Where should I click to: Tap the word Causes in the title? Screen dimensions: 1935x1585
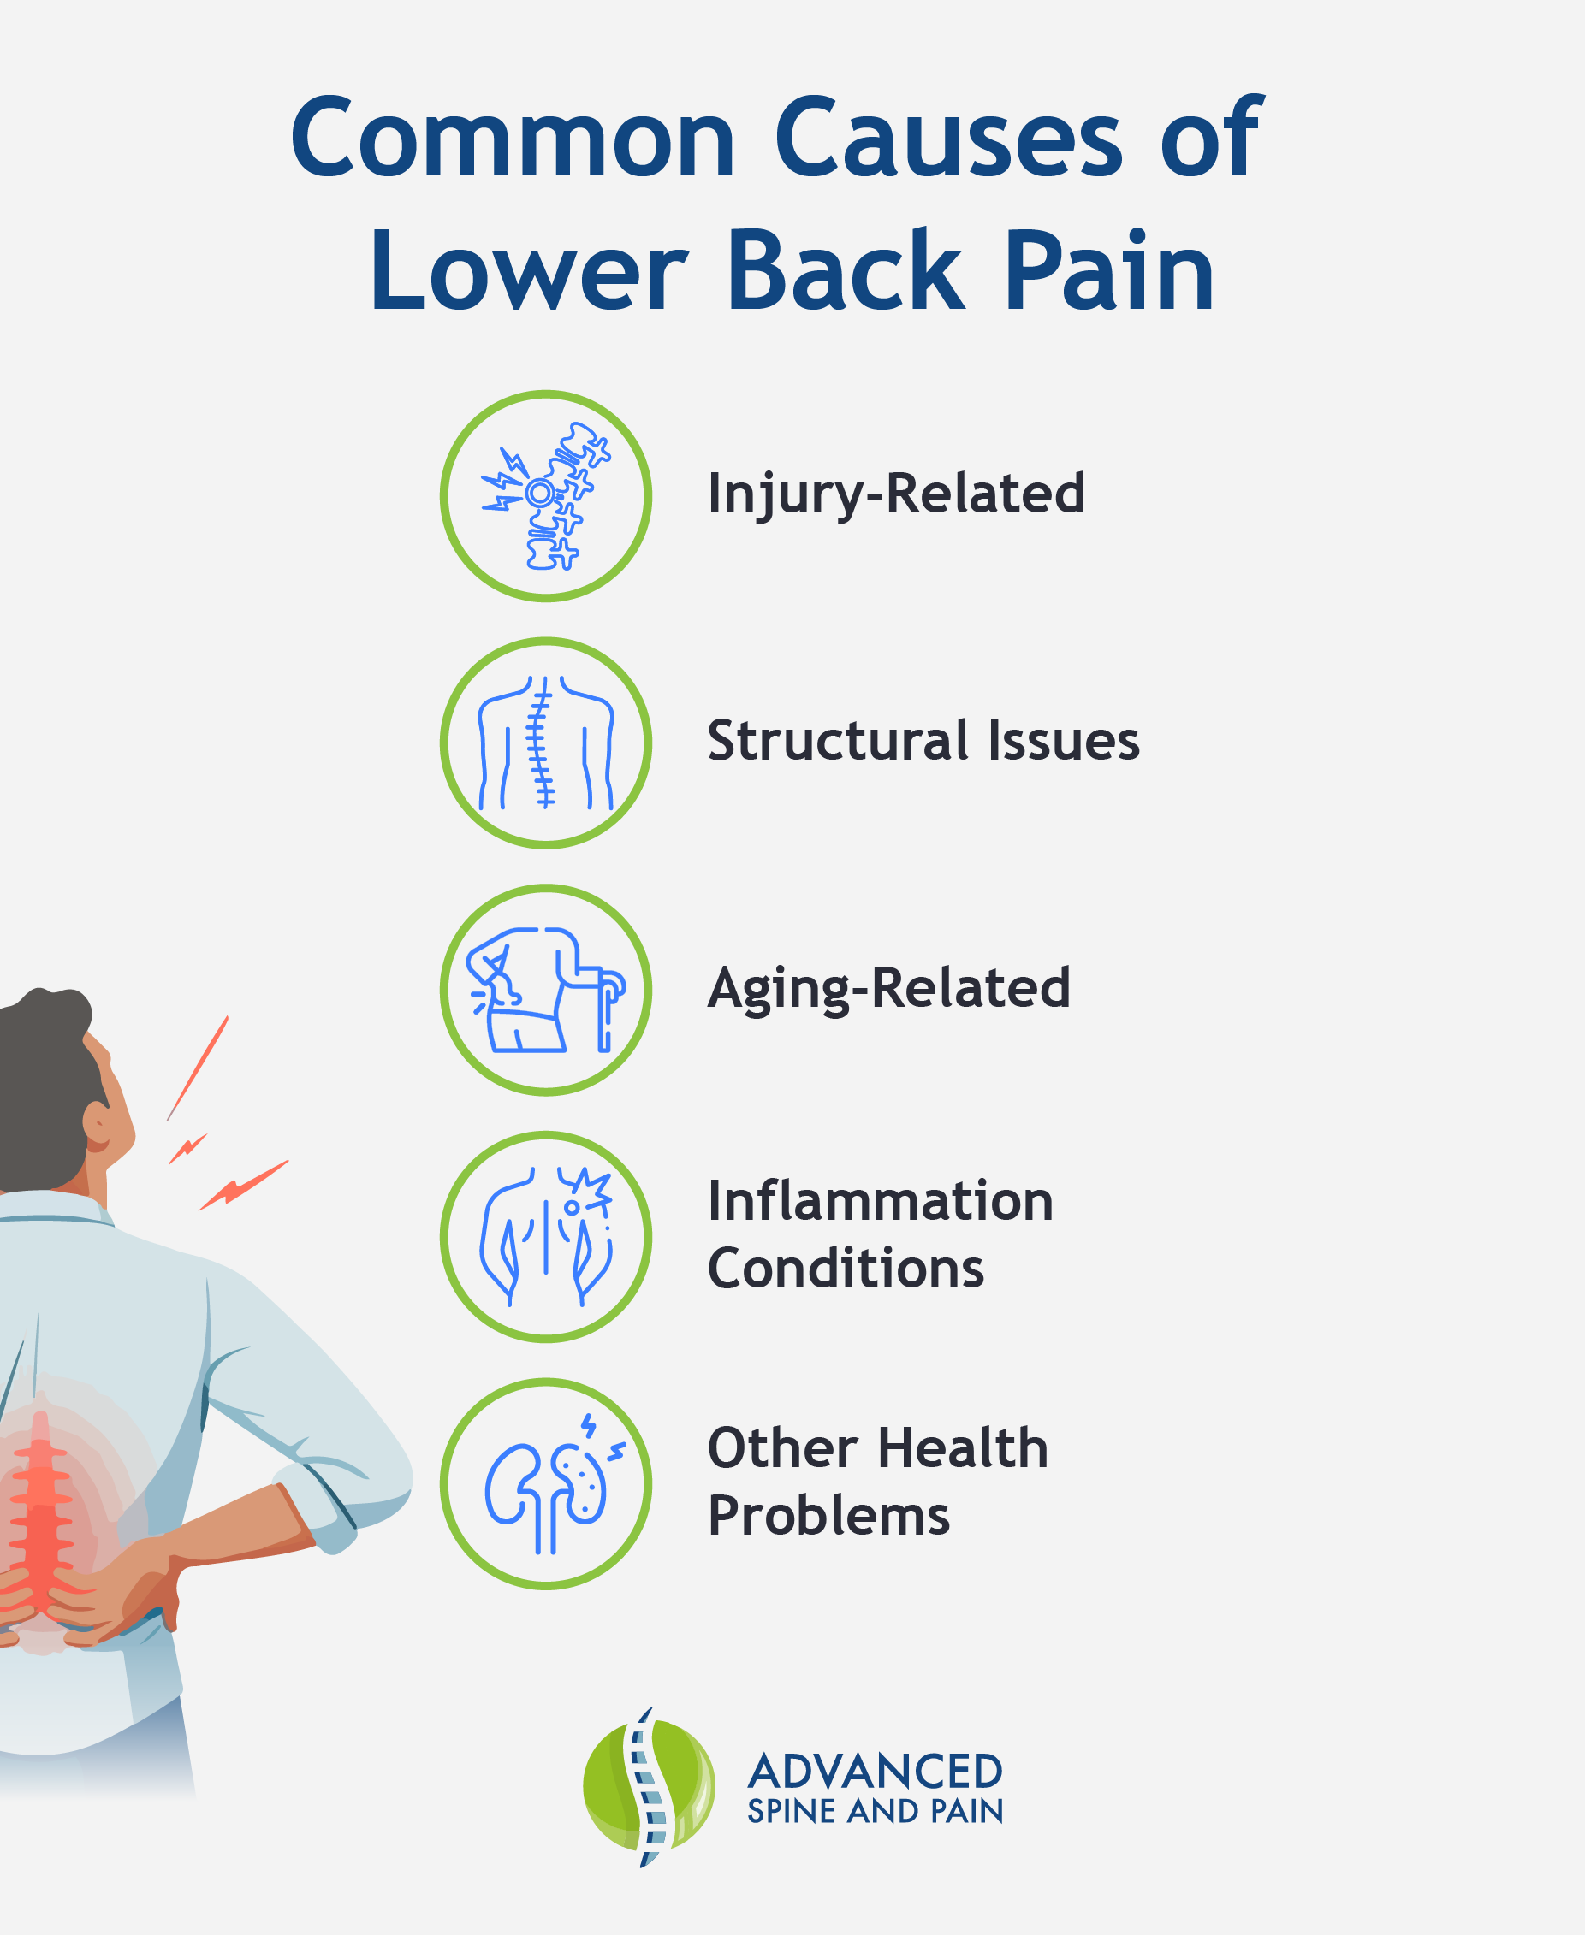(x=948, y=139)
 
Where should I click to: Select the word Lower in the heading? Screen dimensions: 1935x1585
(x=529, y=271)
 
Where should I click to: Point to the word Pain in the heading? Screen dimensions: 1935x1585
(x=1109, y=271)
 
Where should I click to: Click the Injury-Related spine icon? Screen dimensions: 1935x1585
(x=546, y=495)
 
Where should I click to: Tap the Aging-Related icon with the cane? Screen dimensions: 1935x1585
(x=546, y=990)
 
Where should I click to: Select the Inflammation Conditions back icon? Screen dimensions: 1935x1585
(x=546, y=1237)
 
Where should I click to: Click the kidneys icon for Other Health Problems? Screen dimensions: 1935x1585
(x=546, y=1484)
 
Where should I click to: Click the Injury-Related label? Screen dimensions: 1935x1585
(x=896, y=494)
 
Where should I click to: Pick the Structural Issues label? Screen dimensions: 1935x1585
(x=923, y=740)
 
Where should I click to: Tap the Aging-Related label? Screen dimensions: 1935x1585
(x=888, y=989)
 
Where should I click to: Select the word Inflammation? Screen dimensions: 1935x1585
(x=880, y=1201)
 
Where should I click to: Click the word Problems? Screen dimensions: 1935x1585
(x=829, y=1516)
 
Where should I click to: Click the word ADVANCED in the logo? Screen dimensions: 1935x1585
(x=875, y=1772)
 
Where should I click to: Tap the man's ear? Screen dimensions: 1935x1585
(x=98, y=1126)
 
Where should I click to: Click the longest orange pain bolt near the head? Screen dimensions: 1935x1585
(x=197, y=1068)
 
